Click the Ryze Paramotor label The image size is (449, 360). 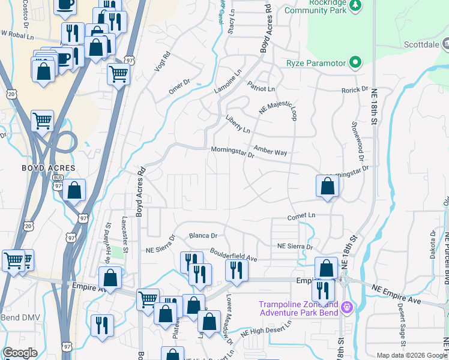pos(315,62)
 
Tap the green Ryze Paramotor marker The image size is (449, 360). pos(355,62)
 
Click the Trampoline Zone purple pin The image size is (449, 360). pos(346,308)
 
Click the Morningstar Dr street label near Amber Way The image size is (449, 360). pos(233,153)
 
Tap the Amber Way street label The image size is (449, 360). pos(270,151)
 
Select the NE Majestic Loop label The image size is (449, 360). pos(278,106)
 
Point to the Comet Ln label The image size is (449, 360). pos(301,215)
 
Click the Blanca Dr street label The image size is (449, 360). pos(202,236)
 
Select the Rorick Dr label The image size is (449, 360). pos(354,89)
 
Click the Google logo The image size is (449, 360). pos(20,353)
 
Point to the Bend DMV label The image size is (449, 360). pos(18,317)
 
